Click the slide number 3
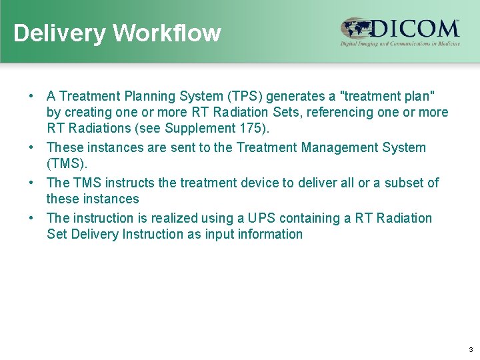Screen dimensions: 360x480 click(471, 350)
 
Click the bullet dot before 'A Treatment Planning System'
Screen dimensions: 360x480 click(31, 97)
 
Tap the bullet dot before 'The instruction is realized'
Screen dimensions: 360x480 click(31, 218)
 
